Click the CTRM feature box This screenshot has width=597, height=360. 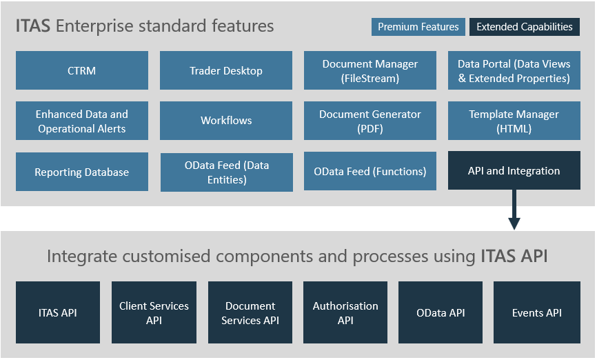tap(82, 70)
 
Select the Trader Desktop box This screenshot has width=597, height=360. tap(226, 70)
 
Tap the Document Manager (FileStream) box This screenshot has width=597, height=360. tap(370, 70)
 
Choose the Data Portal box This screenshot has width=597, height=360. tap(514, 70)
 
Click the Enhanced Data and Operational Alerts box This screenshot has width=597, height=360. tap(82, 121)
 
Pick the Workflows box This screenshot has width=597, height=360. tap(226, 121)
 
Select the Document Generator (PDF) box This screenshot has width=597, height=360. tap(370, 121)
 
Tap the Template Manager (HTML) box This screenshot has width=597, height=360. tap(514, 121)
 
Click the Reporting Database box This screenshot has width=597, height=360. tap(82, 172)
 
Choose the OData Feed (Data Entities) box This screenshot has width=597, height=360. tap(227, 172)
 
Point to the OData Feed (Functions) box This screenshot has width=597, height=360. tap(370, 171)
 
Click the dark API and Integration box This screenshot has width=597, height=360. tap(514, 170)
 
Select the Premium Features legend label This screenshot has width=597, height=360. tap(418, 27)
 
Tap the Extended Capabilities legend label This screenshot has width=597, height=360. tap(525, 27)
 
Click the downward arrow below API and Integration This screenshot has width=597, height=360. tap(514, 210)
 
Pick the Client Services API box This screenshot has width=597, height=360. tap(154, 312)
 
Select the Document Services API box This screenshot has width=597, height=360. tap(250, 312)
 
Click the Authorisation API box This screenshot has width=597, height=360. tap(345, 312)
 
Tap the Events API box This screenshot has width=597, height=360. tap(537, 312)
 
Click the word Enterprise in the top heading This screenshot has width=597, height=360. tap(95, 26)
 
